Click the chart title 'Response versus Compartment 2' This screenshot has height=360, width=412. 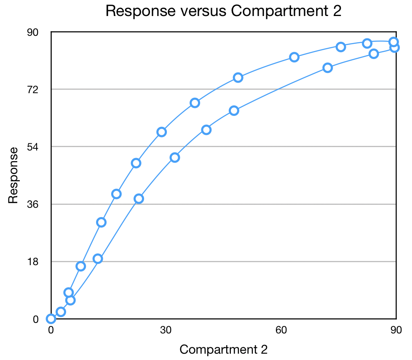(223, 11)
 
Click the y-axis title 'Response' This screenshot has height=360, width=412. (13, 175)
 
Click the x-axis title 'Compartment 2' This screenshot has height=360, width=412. (223, 349)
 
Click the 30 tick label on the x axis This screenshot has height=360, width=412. (166, 330)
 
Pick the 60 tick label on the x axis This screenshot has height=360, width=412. (281, 330)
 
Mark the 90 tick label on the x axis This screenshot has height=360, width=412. (396, 330)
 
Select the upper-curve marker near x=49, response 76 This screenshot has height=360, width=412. (238, 78)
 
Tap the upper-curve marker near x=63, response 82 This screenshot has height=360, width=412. (294, 57)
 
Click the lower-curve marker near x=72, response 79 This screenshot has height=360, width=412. (327, 68)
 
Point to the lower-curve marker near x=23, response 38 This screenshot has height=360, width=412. (139, 199)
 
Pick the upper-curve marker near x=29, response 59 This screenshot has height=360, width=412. (161, 132)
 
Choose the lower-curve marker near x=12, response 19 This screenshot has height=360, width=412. (98, 259)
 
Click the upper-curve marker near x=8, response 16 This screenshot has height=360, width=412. (81, 266)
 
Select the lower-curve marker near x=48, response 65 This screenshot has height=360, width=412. (234, 111)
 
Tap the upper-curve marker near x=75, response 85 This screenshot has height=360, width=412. (341, 47)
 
